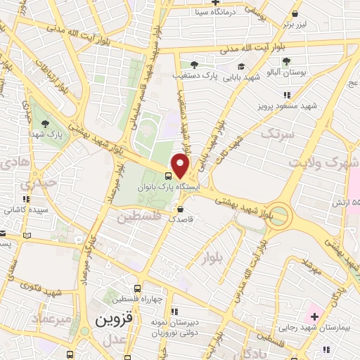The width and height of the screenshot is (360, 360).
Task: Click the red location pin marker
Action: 181,166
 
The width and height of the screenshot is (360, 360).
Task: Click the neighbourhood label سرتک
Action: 275,132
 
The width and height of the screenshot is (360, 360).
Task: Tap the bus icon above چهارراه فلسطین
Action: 137,288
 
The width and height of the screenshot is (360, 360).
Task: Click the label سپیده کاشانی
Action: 25,210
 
